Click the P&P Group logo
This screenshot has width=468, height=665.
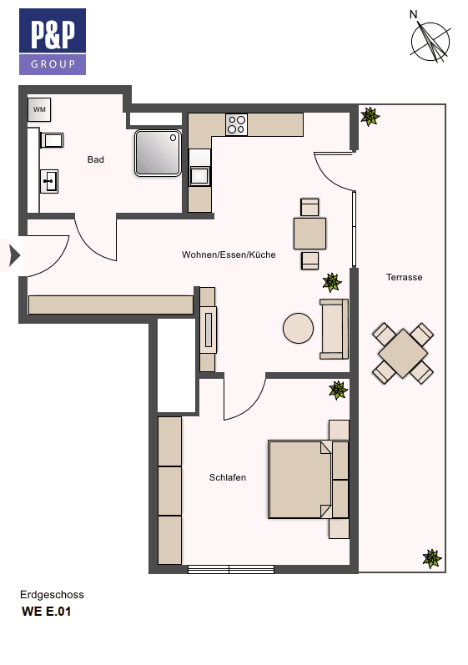click(53, 42)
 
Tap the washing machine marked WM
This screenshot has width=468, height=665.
click(39, 109)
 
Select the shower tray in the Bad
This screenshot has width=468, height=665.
click(158, 151)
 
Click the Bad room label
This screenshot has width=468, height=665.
click(96, 159)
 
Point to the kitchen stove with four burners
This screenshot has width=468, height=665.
click(236, 124)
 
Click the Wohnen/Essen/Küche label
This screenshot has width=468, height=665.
click(229, 254)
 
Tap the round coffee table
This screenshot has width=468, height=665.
click(299, 328)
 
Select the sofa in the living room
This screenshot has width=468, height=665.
click(334, 329)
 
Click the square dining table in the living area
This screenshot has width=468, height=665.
click(309, 234)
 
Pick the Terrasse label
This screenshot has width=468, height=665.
click(404, 277)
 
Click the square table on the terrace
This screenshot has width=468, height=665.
click(403, 353)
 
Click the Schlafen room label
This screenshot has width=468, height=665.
click(227, 478)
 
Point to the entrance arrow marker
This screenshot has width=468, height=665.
click(13, 255)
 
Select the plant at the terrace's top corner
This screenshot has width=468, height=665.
click(369, 116)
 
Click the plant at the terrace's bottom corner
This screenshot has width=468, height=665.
click(431, 557)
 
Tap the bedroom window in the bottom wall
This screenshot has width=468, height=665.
click(231, 570)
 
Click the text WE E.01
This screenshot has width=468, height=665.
click(48, 612)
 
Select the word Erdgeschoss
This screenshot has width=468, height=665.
click(52, 595)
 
